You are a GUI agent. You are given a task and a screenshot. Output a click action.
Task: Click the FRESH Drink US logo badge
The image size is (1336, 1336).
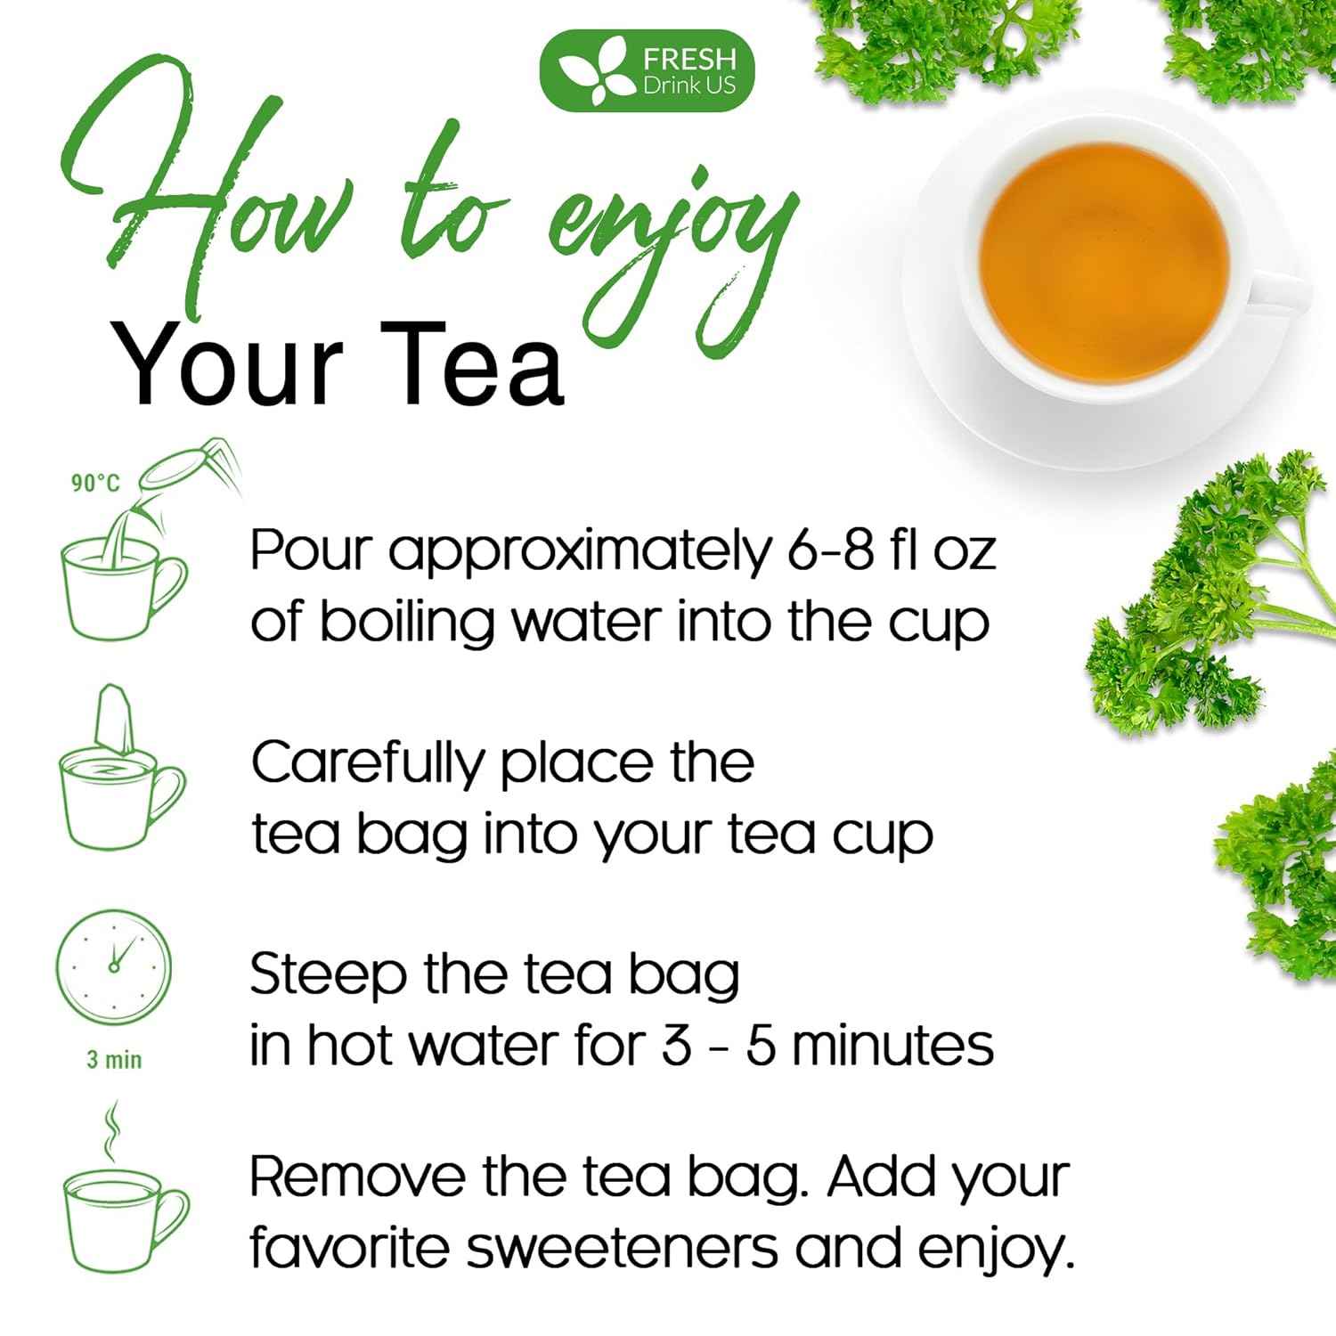pos(648,70)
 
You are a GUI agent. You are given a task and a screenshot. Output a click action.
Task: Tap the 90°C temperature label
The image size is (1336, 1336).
pos(95,484)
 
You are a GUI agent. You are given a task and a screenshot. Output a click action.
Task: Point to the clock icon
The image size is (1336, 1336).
pos(113,967)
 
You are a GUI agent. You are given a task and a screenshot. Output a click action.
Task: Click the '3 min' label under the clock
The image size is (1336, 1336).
pos(114,1060)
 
